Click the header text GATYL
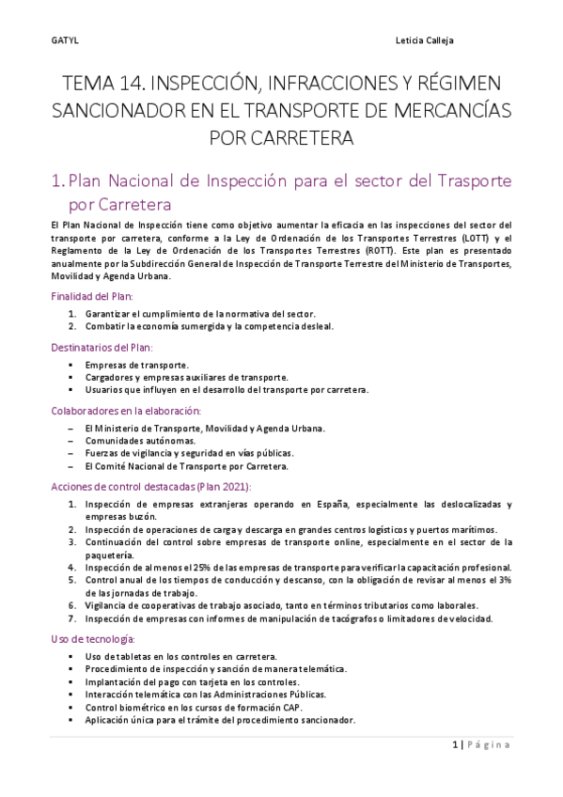pos(63,41)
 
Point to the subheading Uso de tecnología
pos(91,639)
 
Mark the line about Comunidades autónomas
pos(140,440)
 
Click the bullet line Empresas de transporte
pos(136,365)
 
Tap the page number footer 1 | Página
pos(480,744)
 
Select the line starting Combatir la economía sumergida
pos(209,326)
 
